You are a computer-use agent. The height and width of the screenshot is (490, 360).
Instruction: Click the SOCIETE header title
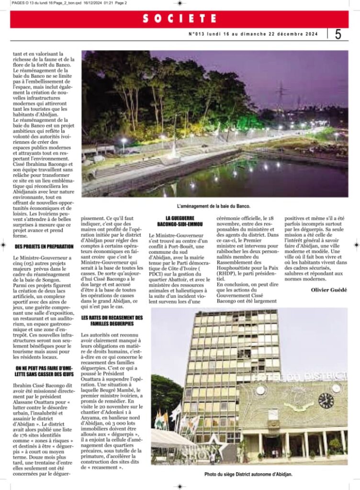[x=180, y=19]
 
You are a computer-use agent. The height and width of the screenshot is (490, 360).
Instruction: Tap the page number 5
[x=338, y=34]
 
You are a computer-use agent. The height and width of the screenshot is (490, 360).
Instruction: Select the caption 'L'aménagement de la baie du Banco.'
[x=214, y=206]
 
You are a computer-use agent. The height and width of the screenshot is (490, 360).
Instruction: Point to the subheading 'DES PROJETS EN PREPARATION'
[x=44, y=246]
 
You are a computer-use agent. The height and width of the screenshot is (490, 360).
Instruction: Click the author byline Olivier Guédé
[x=329, y=290]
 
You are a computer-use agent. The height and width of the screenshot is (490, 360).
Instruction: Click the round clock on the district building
[x=326, y=400]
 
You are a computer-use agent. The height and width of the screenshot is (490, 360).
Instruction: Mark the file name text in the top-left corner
[x=62, y=3]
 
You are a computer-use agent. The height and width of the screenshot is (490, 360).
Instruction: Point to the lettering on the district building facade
[x=299, y=377]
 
